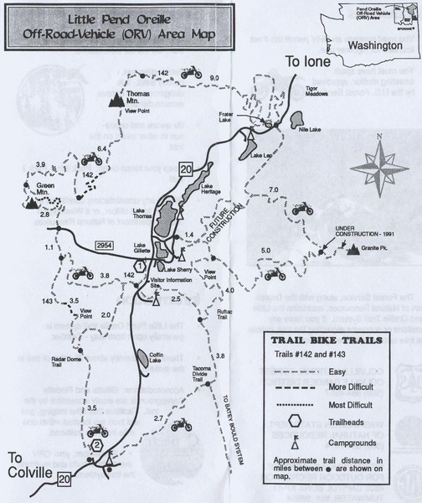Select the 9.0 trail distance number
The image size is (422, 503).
coord(214,78)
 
